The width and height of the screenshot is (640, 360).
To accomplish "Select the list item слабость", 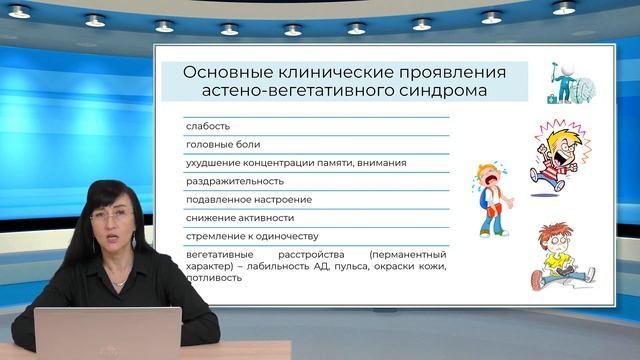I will [208, 126].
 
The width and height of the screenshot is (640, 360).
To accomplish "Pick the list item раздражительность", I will [235, 181].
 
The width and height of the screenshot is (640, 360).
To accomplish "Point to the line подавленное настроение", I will [248, 199].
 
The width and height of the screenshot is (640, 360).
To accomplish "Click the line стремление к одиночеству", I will [251, 236].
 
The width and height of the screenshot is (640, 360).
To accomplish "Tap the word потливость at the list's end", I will [214, 277].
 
